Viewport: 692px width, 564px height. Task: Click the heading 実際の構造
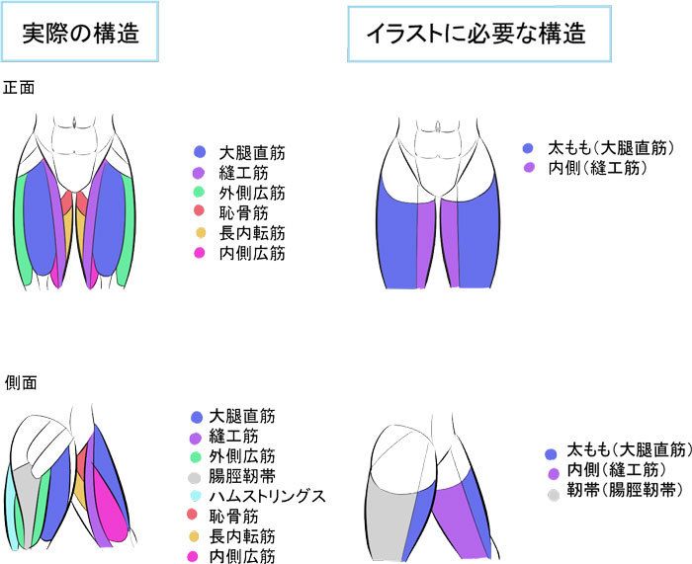click(80, 33)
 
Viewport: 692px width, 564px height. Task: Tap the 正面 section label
click(20, 87)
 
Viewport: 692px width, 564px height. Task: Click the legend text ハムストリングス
click(267, 495)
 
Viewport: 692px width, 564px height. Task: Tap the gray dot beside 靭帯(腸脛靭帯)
click(553, 491)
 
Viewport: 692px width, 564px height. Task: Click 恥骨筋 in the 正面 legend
click(244, 212)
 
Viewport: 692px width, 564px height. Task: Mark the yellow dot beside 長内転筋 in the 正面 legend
click(200, 234)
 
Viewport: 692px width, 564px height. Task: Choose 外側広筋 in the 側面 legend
click(242, 455)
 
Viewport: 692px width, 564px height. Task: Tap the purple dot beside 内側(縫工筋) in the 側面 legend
click(553, 473)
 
